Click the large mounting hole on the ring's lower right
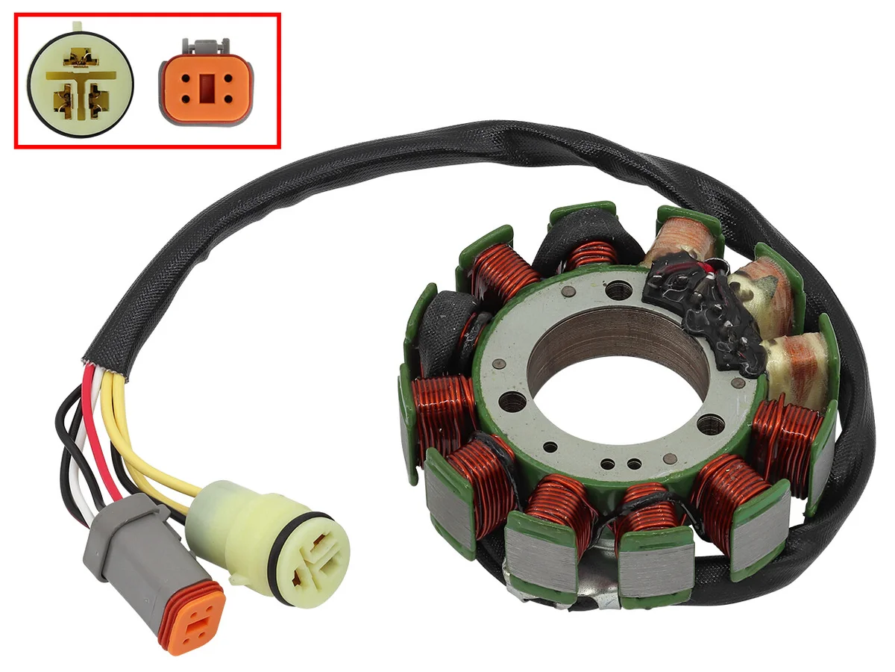(709, 426)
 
